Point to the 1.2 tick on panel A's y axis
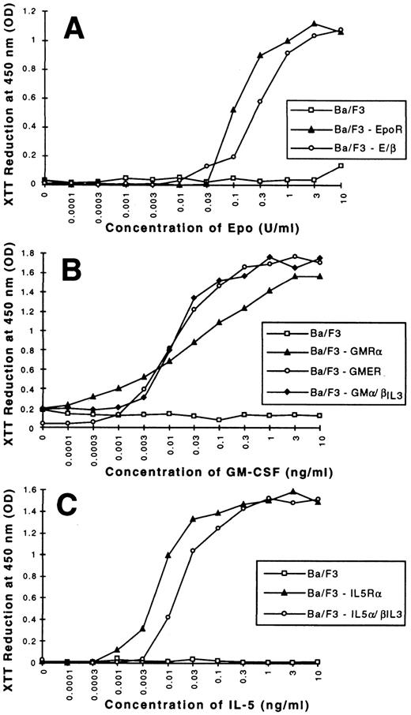point(31,12)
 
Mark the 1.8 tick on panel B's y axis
point(31,255)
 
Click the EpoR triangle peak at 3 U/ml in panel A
point(315,24)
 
